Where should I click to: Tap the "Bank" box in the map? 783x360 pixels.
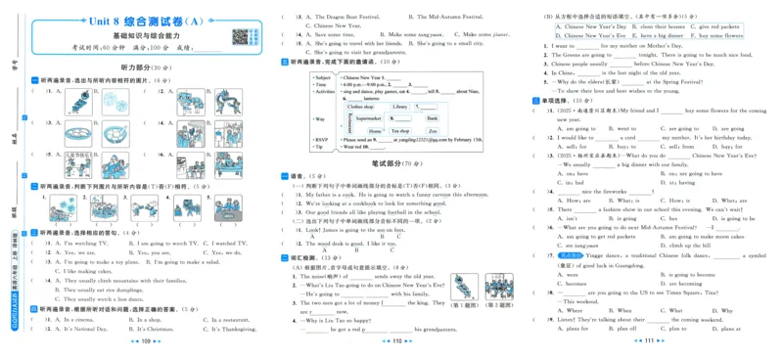point(432,118)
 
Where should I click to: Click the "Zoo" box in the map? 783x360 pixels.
point(432,130)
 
